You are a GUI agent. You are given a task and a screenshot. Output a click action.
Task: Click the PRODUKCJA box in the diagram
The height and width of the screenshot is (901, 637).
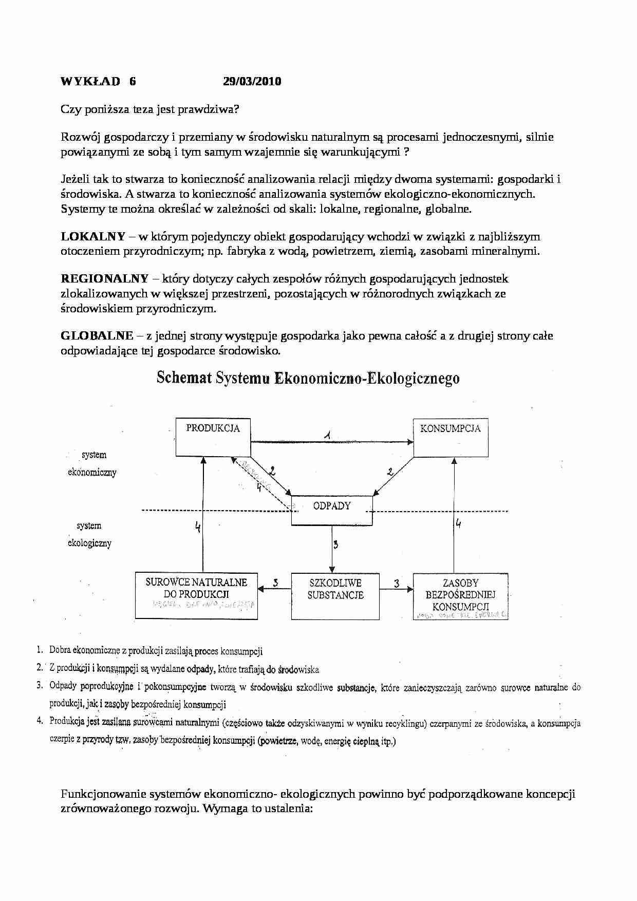pyautogui.click(x=213, y=437)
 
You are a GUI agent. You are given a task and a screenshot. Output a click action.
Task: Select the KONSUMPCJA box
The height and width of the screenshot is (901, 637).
pyautogui.click(x=451, y=437)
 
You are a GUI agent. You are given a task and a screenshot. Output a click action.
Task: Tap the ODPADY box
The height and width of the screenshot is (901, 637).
pyautogui.click(x=332, y=510)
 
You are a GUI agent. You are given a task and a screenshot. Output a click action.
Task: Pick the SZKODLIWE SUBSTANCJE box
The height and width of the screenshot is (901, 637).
pyautogui.click(x=335, y=596)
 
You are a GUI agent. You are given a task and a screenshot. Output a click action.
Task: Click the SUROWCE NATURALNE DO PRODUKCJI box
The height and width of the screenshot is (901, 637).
pyautogui.click(x=196, y=596)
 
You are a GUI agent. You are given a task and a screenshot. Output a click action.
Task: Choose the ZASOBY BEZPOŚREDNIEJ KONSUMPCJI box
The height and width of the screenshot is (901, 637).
pyautogui.click(x=460, y=596)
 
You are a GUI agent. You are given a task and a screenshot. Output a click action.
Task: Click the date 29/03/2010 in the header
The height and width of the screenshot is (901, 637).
pyautogui.click(x=252, y=81)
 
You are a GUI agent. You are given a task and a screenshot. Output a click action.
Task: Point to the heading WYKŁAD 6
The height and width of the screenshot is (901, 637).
pyautogui.click(x=98, y=81)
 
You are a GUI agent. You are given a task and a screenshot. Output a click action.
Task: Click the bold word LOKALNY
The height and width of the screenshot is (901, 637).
pyautogui.click(x=93, y=236)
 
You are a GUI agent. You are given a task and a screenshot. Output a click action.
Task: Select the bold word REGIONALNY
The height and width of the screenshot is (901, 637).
pyautogui.click(x=104, y=278)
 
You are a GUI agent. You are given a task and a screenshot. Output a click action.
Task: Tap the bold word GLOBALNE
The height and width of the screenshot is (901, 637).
pyautogui.click(x=97, y=336)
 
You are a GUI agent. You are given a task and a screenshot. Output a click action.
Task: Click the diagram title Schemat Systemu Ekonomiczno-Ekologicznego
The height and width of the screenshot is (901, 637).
pyautogui.click(x=308, y=378)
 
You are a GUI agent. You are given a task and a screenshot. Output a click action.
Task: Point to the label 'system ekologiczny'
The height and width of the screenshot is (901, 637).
pyautogui.click(x=89, y=534)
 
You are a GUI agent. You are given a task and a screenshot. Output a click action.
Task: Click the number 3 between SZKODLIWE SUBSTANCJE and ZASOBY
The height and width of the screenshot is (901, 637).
pyautogui.click(x=397, y=584)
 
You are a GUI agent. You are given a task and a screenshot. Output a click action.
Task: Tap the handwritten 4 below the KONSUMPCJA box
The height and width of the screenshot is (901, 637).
pyautogui.click(x=458, y=523)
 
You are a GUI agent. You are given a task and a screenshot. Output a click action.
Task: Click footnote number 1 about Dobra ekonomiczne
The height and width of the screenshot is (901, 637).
pyautogui.click(x=39, y=650)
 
